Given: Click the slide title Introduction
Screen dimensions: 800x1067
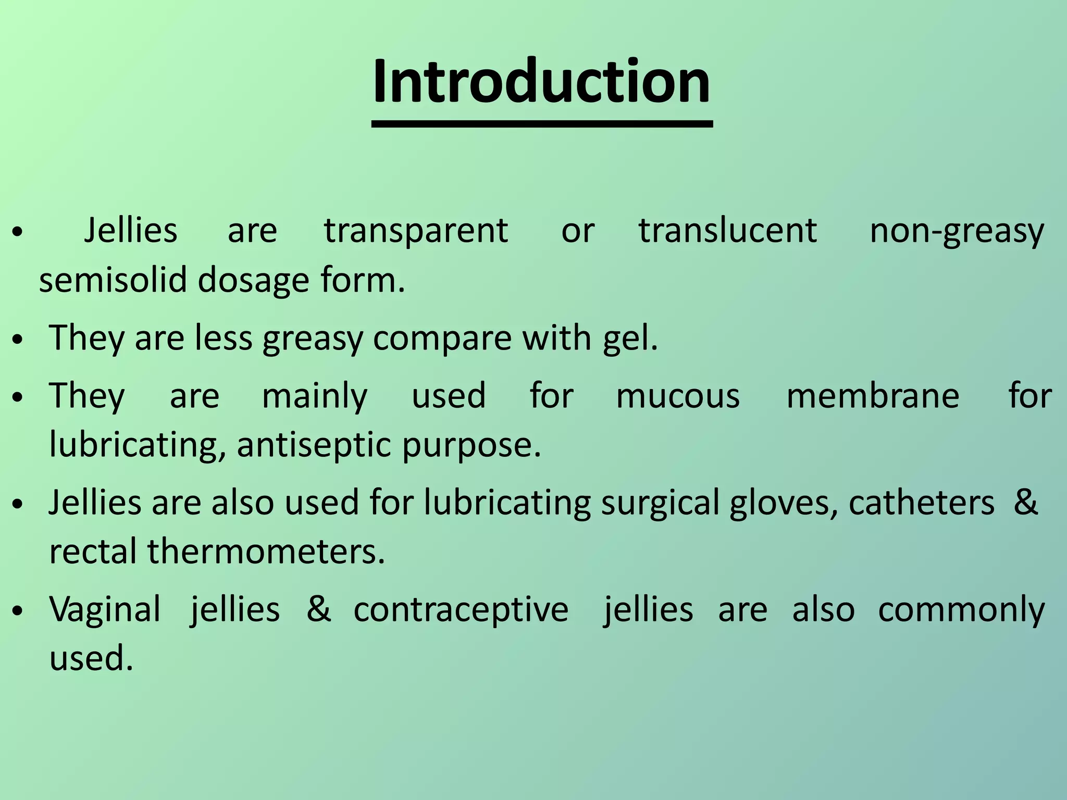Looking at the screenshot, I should (541, 82).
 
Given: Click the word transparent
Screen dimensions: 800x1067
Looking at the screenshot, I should (416, 231).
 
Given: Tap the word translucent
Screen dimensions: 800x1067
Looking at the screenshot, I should (728, 231).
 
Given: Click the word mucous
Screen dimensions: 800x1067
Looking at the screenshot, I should (678, 396).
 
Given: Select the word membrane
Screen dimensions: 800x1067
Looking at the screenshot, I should (873, 396).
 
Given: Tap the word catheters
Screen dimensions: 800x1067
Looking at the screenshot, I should (921, 503).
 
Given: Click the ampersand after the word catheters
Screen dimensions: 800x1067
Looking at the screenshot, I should (1025, 502).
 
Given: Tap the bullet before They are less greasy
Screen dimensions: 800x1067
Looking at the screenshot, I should (18, 340).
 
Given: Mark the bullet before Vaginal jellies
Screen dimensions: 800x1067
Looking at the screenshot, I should (18, 611).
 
